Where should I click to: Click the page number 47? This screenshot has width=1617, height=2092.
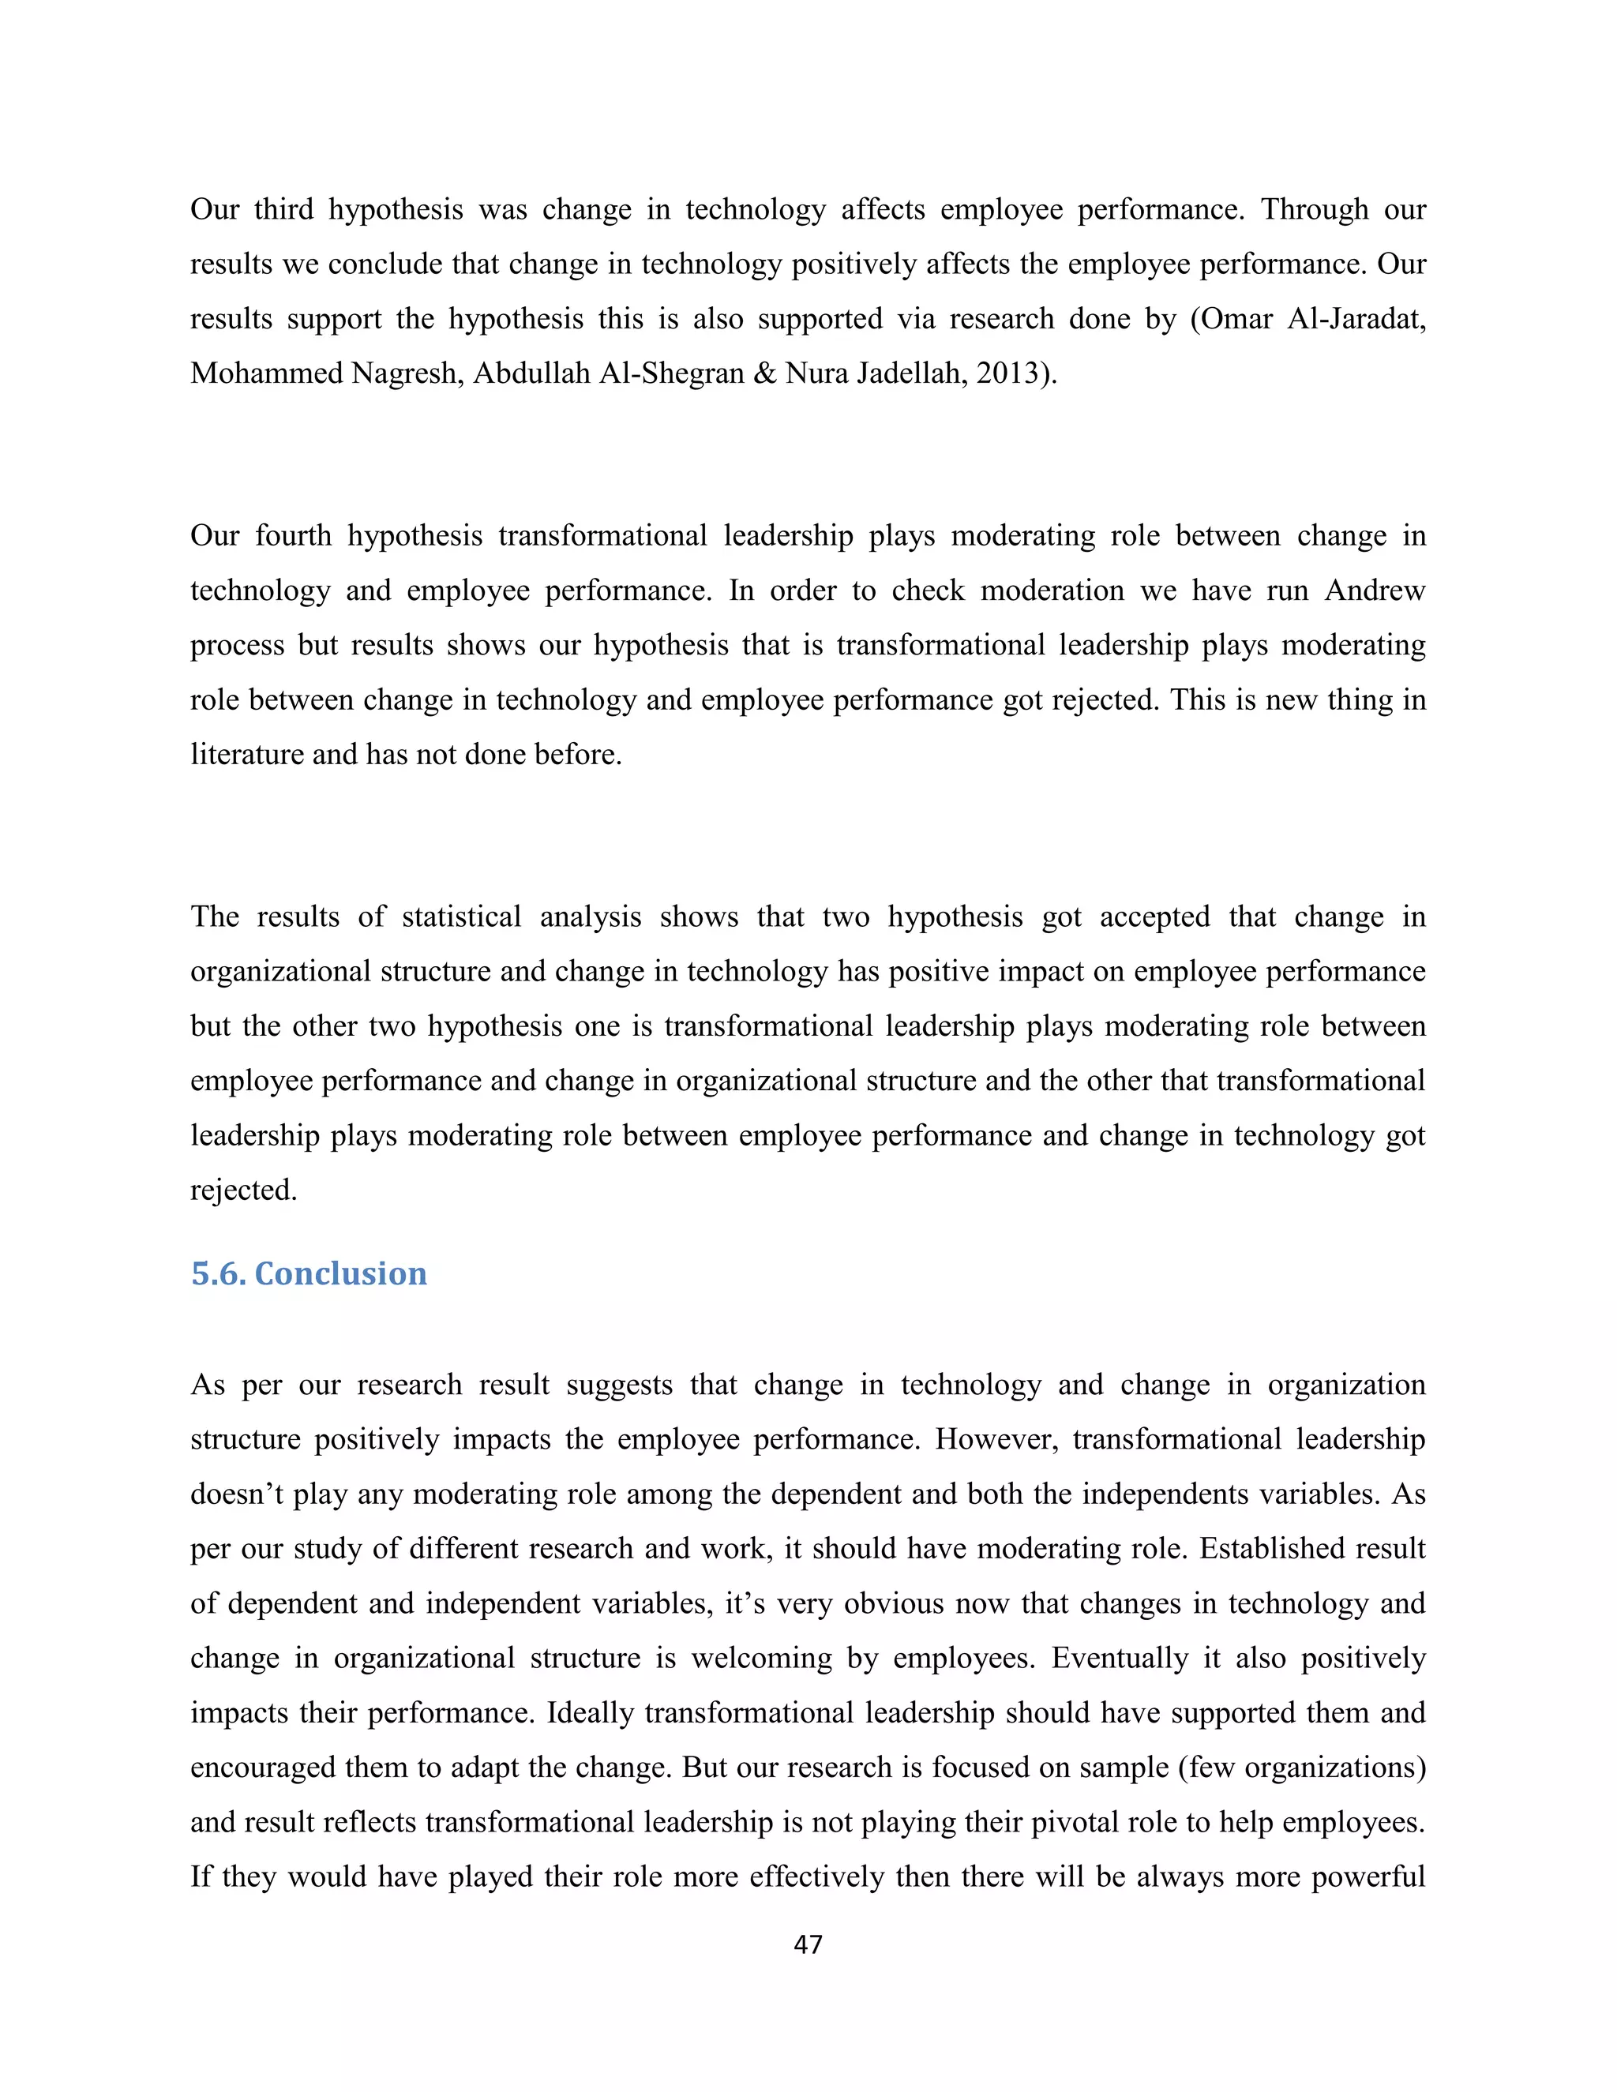[x=808, y=1944]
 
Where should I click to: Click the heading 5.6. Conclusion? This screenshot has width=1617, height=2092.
[x=309, y=1273]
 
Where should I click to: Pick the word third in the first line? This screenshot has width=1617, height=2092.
[x=283, y=209]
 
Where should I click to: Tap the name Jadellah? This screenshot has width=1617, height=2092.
[x=911, y=373]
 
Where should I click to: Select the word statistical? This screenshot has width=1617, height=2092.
[x=461, y=917]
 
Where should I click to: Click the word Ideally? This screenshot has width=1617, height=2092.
[x=590, y=1713]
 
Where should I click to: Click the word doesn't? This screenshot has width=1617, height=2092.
[x=237, y=1494]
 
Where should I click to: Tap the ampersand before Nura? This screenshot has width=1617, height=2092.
[x=764, y=373]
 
